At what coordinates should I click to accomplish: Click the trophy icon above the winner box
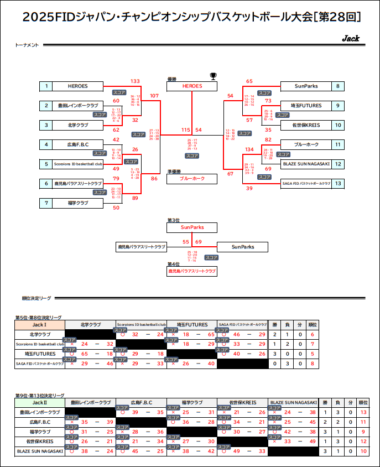213,76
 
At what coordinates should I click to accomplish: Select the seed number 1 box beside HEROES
47,86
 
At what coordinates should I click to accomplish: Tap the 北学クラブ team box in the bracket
78,125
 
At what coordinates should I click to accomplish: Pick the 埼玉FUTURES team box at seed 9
306,106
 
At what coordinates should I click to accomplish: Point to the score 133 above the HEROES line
135,81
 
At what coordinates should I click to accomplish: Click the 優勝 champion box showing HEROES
192,86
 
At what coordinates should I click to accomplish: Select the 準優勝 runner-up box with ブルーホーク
192,179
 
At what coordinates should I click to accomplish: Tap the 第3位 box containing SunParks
192,227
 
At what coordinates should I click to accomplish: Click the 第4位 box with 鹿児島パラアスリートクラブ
192,271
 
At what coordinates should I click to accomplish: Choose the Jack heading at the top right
351,38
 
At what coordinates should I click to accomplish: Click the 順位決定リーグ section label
36,298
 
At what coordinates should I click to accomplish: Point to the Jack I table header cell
40,325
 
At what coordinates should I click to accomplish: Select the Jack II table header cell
40,403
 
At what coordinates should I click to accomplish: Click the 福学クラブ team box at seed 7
78,203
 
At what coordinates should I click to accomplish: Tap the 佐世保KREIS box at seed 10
306,125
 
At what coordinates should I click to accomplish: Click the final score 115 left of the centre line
185,130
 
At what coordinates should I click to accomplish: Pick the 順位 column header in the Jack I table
313,325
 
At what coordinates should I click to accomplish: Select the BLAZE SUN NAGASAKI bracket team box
306,164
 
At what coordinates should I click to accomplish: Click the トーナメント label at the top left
27,45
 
